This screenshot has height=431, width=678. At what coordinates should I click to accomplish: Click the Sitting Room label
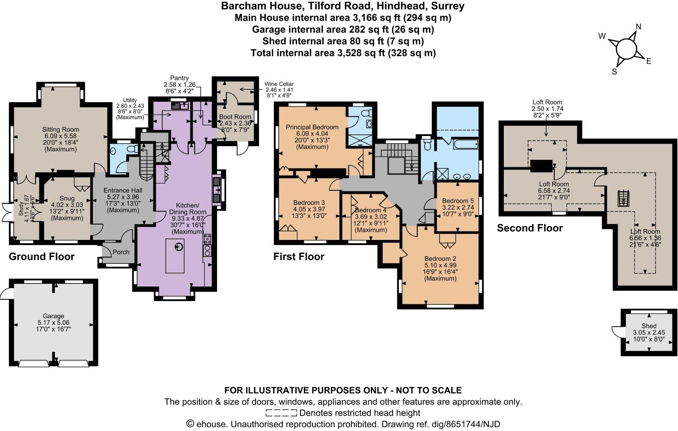pos(60,130)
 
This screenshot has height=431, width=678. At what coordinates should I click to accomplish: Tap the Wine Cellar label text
pos(279,84)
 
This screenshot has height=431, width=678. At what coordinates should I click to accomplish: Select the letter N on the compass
pos(638,27)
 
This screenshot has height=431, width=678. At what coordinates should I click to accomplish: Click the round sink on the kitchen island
pos(178,247)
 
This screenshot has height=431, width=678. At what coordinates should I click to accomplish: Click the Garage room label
pos(53,316)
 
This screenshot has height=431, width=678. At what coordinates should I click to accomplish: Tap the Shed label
pos(649,326)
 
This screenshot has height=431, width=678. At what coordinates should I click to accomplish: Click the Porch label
pos(121,252)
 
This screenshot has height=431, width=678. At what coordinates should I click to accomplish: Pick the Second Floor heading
pos(529,228)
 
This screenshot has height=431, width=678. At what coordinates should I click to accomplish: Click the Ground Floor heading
pos(42,257)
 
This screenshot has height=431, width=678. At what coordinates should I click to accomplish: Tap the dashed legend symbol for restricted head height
pos(281,413)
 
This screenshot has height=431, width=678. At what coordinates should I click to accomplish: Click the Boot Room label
pos(235,117)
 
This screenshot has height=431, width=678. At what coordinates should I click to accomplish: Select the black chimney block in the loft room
pos(541,165)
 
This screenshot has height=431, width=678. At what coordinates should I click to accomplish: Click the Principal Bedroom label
pos(312,127)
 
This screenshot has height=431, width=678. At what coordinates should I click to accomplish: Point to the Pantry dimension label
pos(179,84)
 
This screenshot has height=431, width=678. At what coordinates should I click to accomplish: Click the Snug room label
pos(67,198)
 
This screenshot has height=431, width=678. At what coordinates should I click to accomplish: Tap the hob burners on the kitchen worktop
pos(207,244)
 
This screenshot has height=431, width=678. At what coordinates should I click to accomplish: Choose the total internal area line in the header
pos(343,53)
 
